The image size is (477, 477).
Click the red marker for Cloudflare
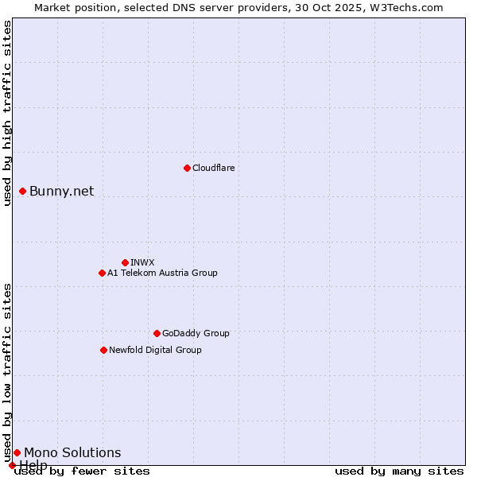pos(187,168)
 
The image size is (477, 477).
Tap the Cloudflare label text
pos(213,168)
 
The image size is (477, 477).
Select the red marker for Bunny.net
pos(23,191)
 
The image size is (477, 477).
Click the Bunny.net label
pos(61,191)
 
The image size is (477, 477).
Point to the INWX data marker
pos(125,262)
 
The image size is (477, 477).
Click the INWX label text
pos(142,262)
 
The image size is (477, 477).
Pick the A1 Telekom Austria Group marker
pos(102,273)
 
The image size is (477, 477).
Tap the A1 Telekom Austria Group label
pos(162,273)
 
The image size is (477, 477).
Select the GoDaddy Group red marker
pos(157,333)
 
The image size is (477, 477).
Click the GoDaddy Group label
pos(196,333)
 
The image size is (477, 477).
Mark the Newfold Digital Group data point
pos(103,350)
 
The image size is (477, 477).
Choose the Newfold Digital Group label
pos(155,350)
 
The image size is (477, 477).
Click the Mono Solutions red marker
pos(17,452)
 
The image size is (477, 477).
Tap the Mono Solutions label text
pos(72,452)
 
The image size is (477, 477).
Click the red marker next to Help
pos(12,465)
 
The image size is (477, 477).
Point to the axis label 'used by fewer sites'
pos(82,471)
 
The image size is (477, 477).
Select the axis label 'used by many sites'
pos(399,471)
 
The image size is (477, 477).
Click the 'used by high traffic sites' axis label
pos(7,113)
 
